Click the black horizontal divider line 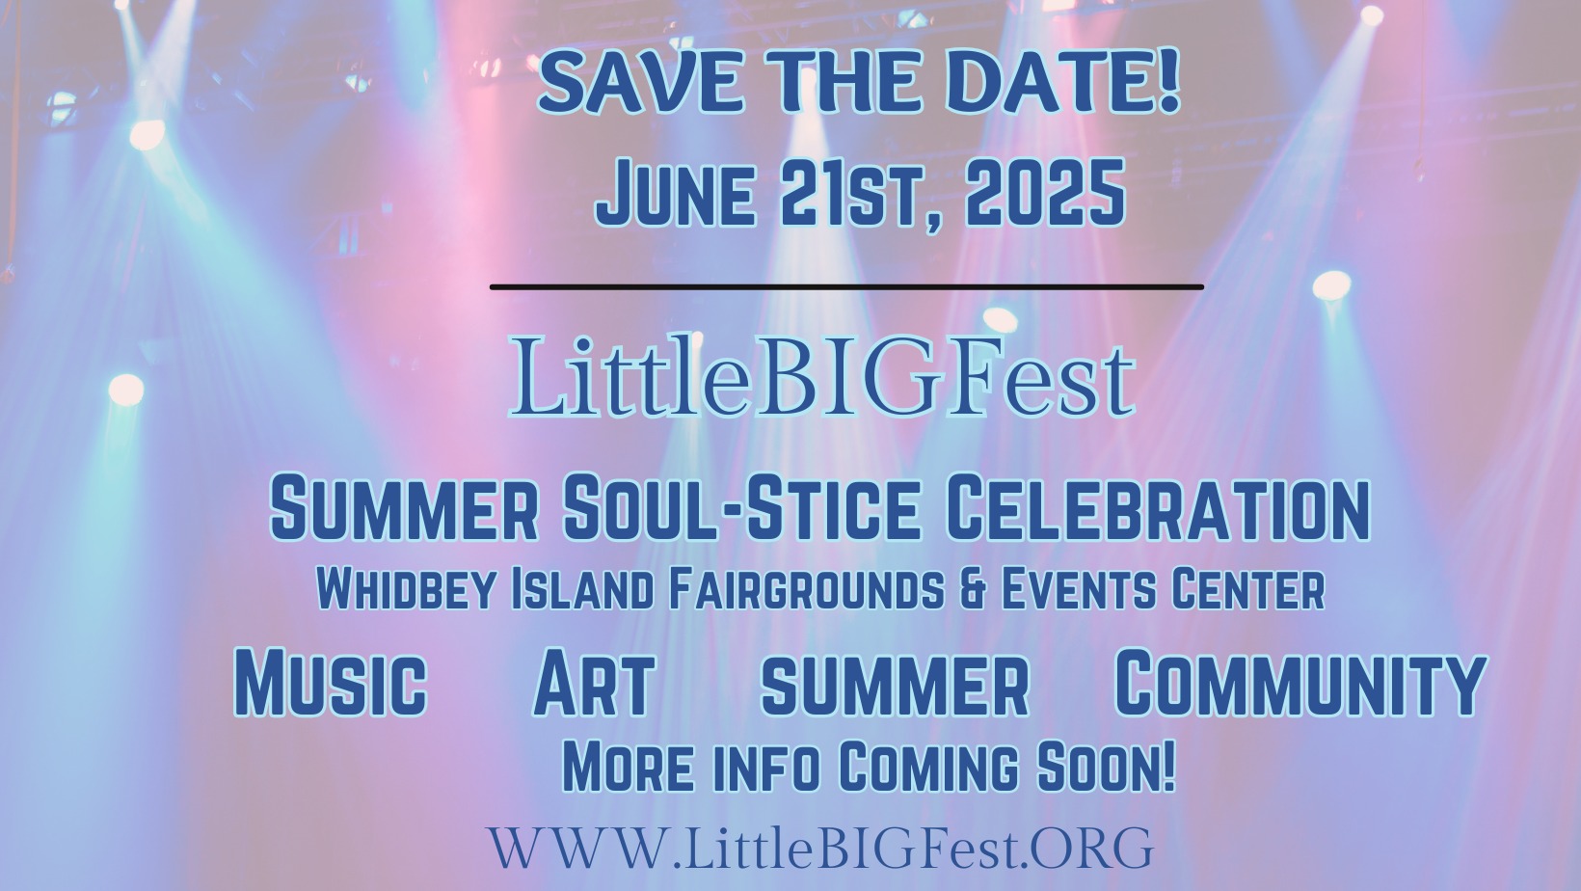click(847, 287)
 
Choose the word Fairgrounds click(806, 589)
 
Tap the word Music click(331, 682)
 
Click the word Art click(594, 682)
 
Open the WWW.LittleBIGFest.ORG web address click(821, 848)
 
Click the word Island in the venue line click(581, 589)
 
